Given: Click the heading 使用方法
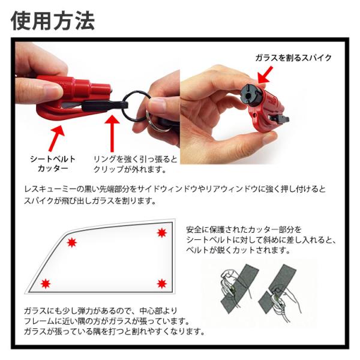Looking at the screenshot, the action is (53, 20).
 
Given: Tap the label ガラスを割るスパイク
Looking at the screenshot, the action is (293, 58).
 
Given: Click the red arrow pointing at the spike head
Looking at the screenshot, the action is (265, 75).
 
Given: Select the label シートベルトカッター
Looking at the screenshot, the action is (53, 164).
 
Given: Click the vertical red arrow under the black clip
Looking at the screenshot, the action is (112, 133).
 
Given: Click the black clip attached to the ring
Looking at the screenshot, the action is (104, 106).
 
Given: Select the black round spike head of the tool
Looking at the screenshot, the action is (251, 95).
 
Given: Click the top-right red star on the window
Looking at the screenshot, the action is (162, 233).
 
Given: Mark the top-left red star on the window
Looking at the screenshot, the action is (71, 242).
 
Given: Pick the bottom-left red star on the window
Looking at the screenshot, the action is (46, 284).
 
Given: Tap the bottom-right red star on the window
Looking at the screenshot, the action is (162, 284).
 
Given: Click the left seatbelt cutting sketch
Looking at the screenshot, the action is (239, 288).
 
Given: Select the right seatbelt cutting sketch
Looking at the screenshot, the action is (279, 290).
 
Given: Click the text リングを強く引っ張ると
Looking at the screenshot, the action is (136, 159).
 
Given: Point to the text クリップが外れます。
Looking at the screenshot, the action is (130, 169).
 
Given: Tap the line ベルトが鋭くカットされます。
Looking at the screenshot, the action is (238, 250).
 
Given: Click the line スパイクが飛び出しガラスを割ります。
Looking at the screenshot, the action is (90, 201).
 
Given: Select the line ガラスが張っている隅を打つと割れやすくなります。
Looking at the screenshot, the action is (114, 331).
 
